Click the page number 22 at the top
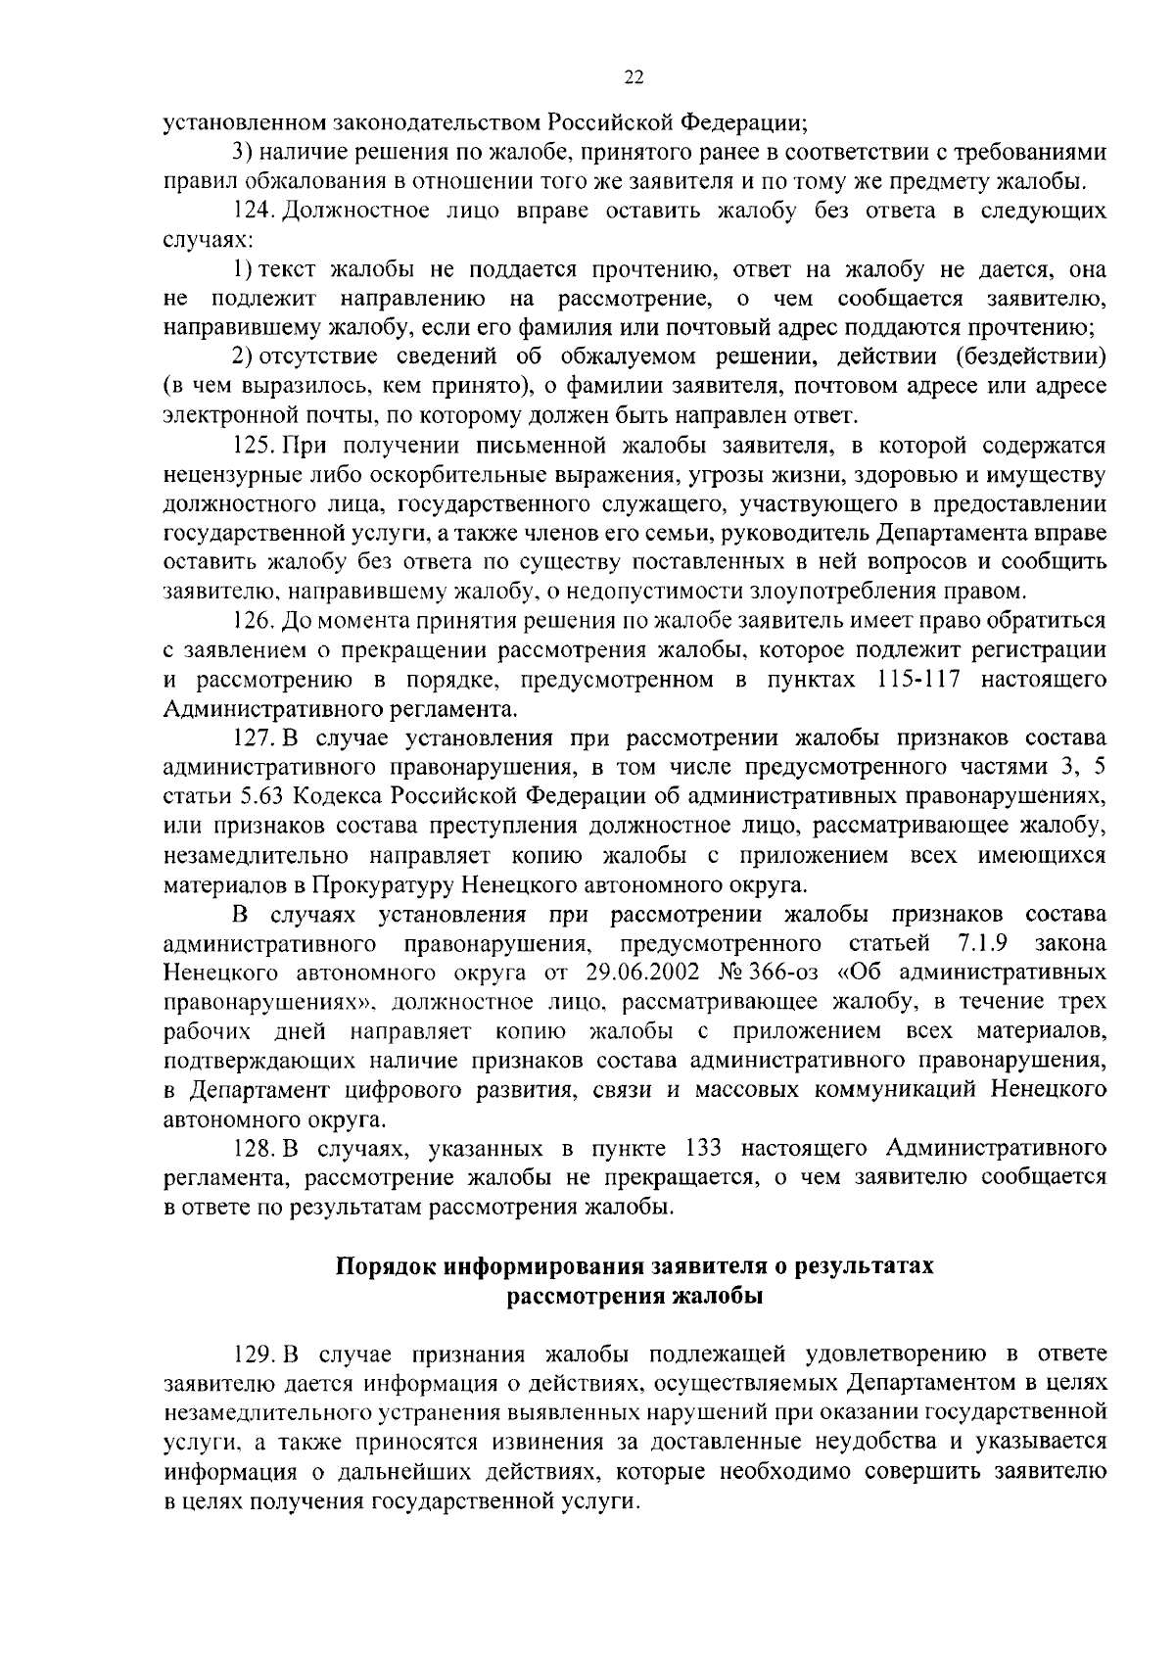click(634, 79)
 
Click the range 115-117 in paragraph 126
click(913, 680)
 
